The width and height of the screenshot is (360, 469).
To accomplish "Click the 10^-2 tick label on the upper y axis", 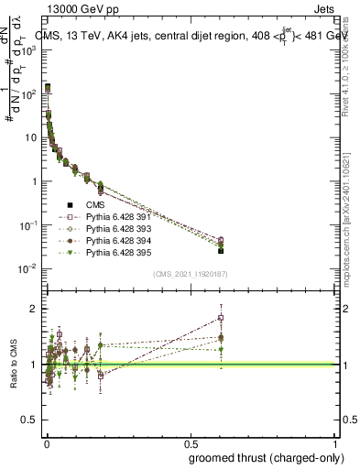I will click(x=27, y=268).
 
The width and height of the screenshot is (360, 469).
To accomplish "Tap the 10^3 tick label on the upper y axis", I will click(x=27, y=49).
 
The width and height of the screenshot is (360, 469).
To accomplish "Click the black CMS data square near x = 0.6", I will click(x=221, y=250).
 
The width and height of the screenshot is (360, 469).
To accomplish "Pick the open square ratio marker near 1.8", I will click(x=221, y=318).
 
